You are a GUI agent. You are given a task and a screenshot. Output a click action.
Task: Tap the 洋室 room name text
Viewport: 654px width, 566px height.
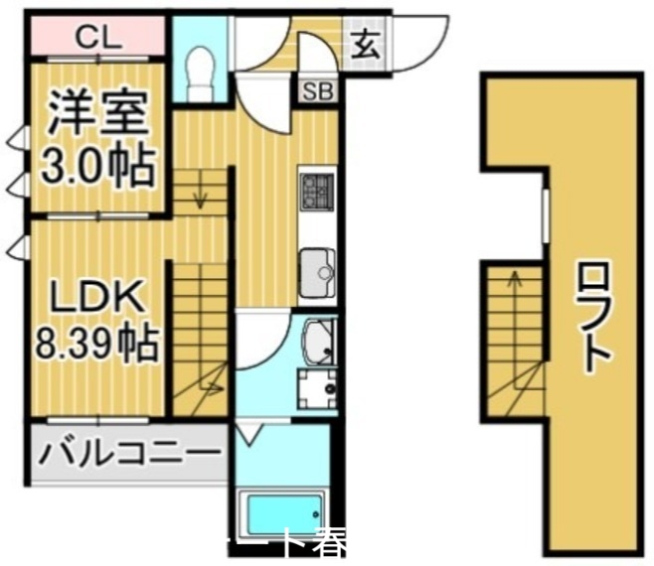pos(97,115)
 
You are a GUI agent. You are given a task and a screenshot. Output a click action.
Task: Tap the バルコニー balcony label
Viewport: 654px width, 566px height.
pos(129,455)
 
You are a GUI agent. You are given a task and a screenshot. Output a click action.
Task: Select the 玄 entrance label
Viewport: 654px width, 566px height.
pos(365,44)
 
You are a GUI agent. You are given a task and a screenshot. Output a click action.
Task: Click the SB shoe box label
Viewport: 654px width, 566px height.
pos(319,93)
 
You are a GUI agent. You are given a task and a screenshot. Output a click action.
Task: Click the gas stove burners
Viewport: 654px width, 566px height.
pos(318,191)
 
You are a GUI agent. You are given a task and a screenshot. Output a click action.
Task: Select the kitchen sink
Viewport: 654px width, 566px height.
pos(319,265)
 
